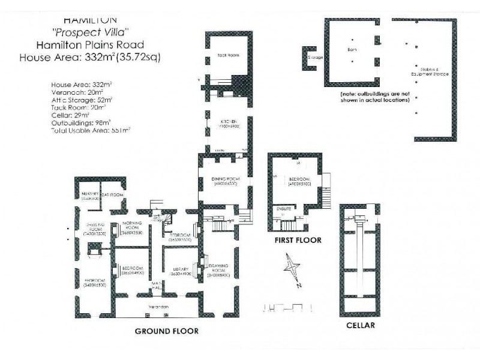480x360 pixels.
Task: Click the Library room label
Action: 180,269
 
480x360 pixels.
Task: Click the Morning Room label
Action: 131,224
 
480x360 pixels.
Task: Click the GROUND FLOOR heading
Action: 166,331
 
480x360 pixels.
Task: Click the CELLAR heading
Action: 361,326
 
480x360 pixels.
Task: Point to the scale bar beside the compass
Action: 289,307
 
